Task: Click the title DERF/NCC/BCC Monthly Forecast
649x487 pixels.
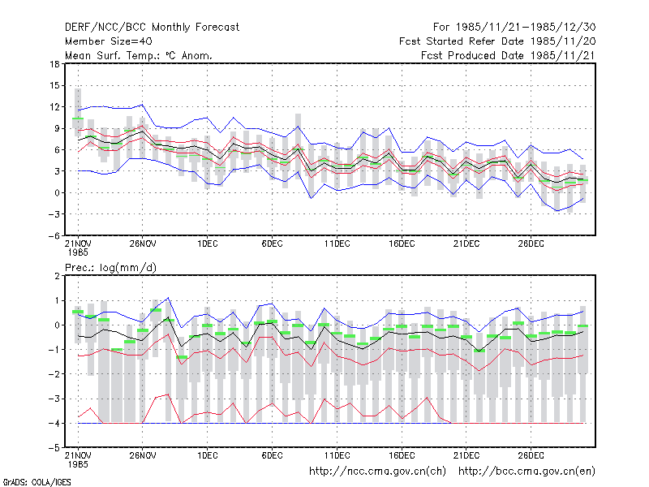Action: (x=152, y=28)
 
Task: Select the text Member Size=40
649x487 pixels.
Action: (x=109, y=41)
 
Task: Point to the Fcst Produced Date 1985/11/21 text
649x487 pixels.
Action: (x=509, y=55)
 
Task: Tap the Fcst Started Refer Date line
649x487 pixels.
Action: (x=497, y=41)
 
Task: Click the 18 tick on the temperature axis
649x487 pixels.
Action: (x=54, y=64)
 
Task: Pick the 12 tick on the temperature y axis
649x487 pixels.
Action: (x=54, y=107)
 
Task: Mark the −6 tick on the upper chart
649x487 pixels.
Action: (x=54, y=235)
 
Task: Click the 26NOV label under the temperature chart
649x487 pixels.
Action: (x=143, y=244)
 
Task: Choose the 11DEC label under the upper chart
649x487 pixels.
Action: (x=337, y=244)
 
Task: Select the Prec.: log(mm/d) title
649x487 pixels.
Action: (x=111, y=268)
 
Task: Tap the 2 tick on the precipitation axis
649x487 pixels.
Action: (x=57, y=276)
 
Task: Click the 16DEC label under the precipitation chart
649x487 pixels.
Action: (x=402, y=455)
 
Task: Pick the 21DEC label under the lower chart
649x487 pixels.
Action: (x=466, y=455)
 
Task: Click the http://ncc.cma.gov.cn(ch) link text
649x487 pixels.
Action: (x=377, y=472)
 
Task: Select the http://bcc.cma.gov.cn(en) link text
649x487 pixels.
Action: (x=527, y=472)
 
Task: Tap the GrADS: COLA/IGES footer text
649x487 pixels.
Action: (x=37, y=482)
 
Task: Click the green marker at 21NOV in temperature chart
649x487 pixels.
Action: (x=78, y=119)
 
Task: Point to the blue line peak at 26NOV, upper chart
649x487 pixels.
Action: (x=143, y=105)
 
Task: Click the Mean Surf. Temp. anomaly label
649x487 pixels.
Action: (x=139, y=55)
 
